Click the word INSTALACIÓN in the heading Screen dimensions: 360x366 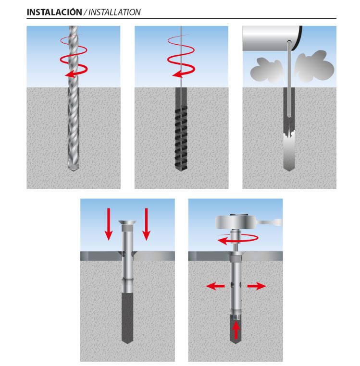pos(54,12)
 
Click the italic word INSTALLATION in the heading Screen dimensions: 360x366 pos(114,12)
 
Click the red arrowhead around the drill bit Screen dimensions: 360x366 pos(69,74)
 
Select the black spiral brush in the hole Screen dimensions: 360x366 pos(181,138)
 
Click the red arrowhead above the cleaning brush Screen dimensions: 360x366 pos(177,74)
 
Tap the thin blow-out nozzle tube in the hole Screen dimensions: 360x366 pos(289,79)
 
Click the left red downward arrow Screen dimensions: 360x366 pos(109,224)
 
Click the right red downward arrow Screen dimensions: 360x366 pos(146,224)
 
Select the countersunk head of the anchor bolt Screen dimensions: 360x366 pos(127,223)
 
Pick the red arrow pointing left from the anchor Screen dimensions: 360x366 pos(215,286)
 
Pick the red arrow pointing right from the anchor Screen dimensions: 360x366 pos(257,286)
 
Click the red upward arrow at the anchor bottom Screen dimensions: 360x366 pos(236,330)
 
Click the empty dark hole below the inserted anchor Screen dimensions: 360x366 pos(127,318)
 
